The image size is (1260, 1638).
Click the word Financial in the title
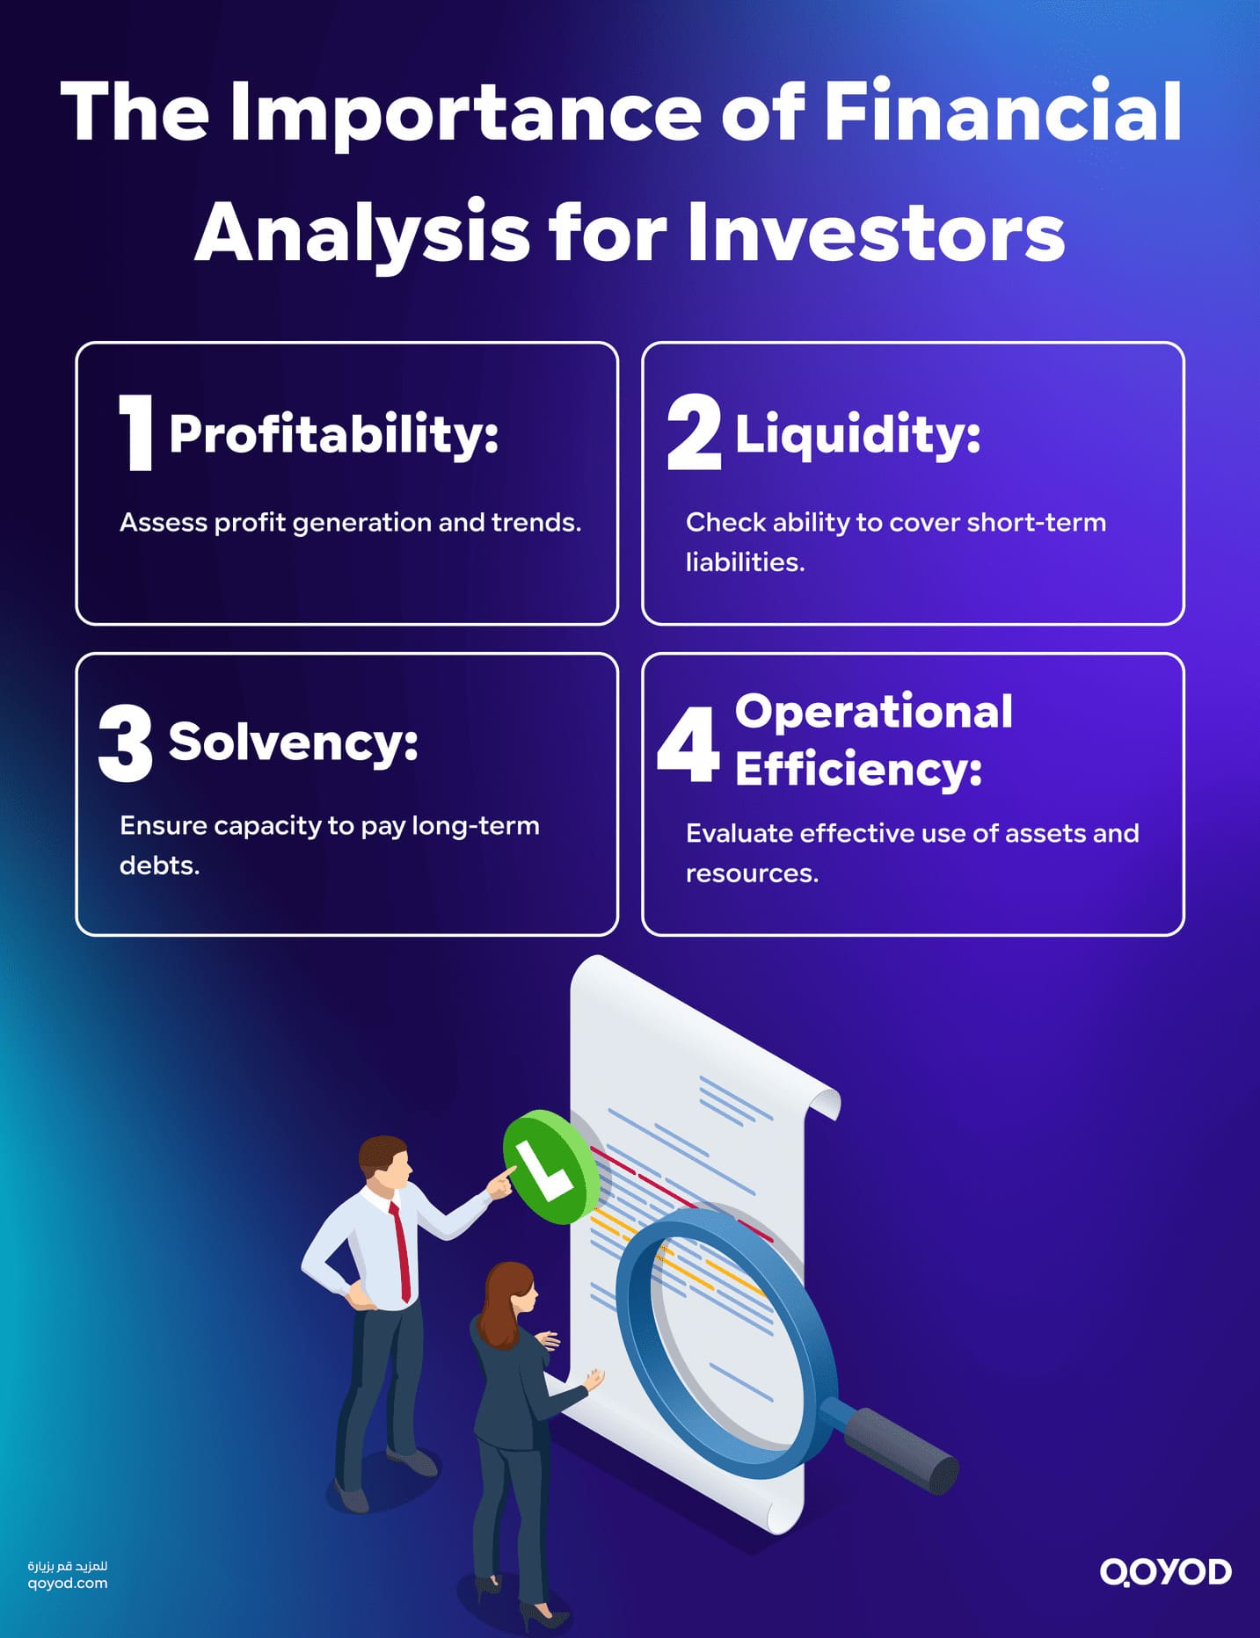click(x=1002, y=112)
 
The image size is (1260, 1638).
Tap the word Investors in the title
click(x=875, y=233)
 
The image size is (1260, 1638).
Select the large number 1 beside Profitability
click(x=137, y=432)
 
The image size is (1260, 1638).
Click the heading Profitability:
click(x=333, y=433)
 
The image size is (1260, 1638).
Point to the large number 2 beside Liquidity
click(x=693, y=432)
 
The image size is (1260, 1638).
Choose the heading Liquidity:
click(x=857, y=433)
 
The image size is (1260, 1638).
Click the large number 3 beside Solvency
click(x=126, y=743)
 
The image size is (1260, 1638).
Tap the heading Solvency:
click(x=293, y=742)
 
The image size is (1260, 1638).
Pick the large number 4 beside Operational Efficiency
click(x=688, y=744)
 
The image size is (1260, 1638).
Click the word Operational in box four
click(x=873, y=711)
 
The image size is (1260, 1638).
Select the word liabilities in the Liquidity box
click(x=745, y=562)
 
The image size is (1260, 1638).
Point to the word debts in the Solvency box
click(x=159, y=866)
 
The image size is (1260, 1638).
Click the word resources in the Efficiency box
click(x=752, y=873)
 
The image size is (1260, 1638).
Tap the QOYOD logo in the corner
click(x=1165, y=1572)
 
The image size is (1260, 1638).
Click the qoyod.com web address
click(x=68, y=1584)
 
